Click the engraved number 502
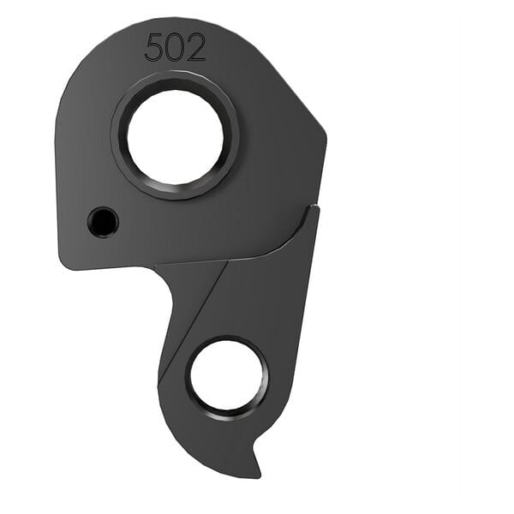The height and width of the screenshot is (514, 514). [x=175, y=47]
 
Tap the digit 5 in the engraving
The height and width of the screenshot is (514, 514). [x=154, y=47]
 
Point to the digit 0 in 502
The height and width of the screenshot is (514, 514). [x=175, y=47]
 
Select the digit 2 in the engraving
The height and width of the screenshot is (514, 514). [x=196, y=47]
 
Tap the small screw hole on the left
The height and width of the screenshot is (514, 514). [x=103, y=223]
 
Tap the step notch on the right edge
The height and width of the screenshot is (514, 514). [x=314, y=207]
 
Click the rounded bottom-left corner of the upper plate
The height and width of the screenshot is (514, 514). [x=65, y=260]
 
